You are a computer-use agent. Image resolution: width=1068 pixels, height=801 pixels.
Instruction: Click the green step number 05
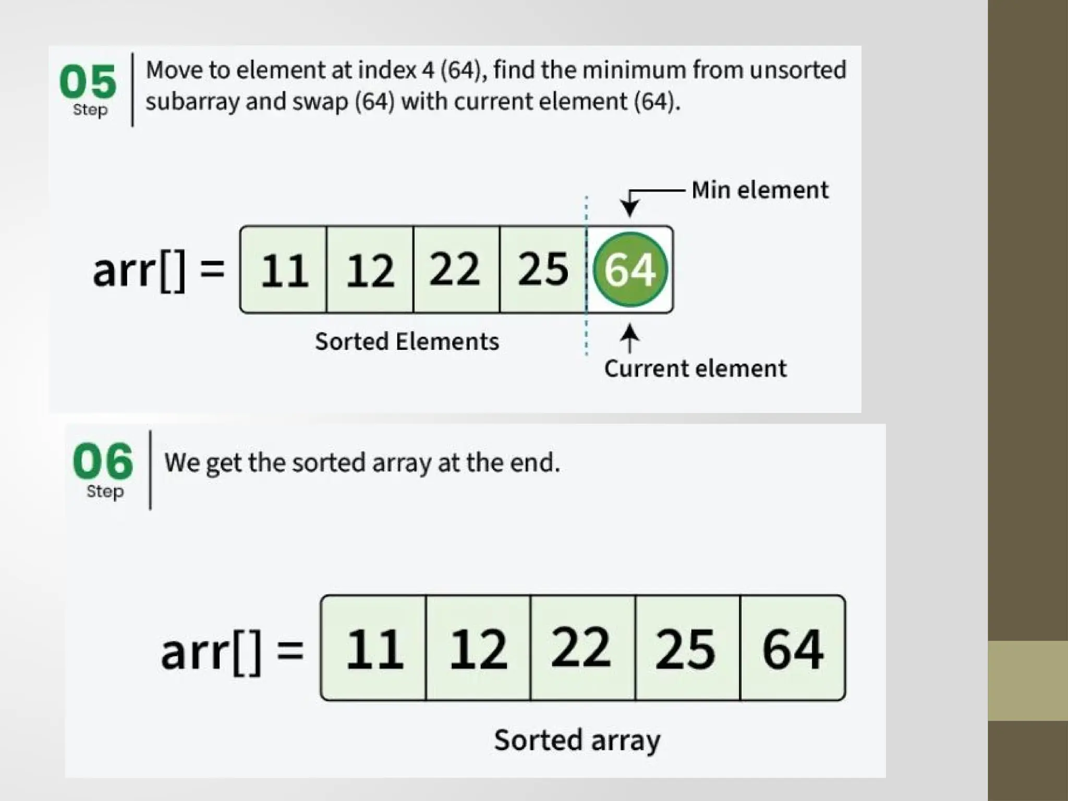88,82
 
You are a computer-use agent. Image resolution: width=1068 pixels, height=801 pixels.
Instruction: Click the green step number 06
103,461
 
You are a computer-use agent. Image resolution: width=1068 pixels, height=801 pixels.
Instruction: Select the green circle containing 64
630,269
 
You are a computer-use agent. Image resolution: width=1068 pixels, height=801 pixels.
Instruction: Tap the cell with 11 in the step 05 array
284,270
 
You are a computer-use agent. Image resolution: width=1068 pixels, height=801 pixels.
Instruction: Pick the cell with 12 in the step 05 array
370,270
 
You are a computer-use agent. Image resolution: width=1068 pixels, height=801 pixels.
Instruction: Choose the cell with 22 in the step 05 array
456,270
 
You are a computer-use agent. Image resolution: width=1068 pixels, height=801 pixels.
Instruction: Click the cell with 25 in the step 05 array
543,270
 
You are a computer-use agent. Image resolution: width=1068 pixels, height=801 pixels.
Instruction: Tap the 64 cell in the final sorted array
793,648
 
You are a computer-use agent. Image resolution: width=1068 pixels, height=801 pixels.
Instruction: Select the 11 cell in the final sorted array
374,648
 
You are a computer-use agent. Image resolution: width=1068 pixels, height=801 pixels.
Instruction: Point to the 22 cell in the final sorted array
582,648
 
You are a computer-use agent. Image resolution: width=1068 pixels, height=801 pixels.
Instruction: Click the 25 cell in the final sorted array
687,648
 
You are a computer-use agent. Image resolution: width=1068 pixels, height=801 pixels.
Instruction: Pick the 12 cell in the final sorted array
478,648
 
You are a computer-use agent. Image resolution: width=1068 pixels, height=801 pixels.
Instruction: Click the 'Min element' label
760,190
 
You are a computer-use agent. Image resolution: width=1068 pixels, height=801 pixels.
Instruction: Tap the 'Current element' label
695,369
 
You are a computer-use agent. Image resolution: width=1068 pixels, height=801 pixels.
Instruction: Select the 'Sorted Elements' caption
407,342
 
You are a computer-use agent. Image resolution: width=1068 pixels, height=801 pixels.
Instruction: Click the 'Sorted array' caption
577,740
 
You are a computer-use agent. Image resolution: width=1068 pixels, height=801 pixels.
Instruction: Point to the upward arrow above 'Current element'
630,336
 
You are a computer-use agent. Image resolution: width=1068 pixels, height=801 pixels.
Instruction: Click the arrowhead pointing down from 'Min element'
630,209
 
